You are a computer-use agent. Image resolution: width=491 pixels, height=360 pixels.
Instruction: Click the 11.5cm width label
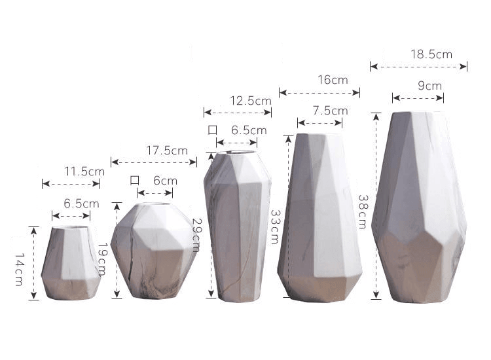click(x=84, y=171)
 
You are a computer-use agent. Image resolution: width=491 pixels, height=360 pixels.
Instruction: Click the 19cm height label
click(x=102, y=259)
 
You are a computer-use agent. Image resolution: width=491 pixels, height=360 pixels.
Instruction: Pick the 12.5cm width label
click(x=250, y=101)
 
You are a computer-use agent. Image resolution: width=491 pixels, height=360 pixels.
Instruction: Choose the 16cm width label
click(x=333, y=80)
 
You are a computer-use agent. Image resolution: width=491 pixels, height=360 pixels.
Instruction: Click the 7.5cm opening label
click(x=331, y=111)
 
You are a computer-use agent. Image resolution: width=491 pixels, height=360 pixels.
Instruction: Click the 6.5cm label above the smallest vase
click(x=81, y=203)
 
